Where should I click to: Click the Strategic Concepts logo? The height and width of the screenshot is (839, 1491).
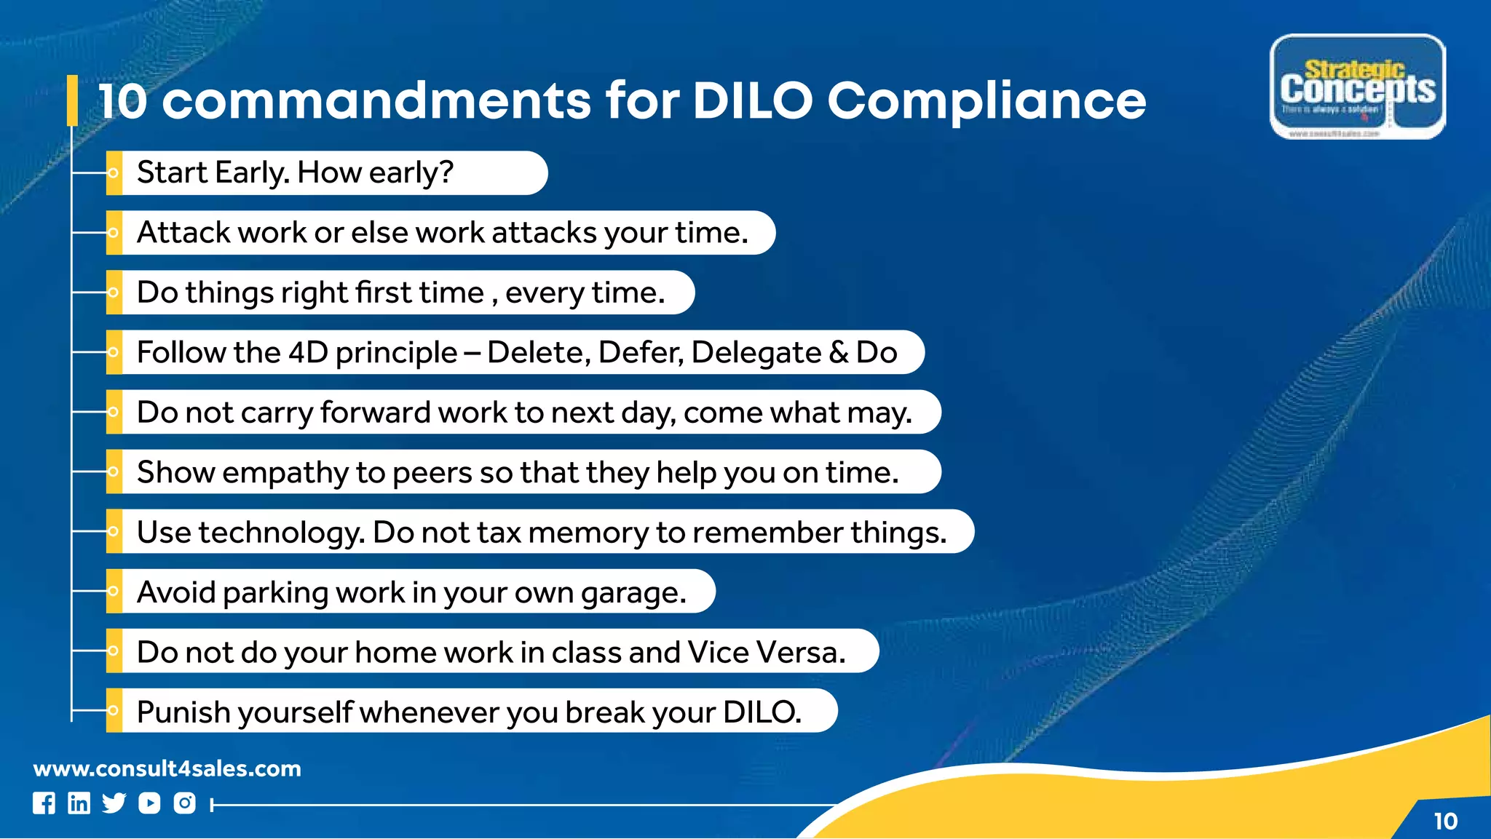[1357, 87]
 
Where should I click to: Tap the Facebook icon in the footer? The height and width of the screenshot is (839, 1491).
[44, 803]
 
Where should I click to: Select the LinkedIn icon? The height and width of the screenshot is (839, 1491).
[79, 803]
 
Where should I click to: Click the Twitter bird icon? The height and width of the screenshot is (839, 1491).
[114, 803]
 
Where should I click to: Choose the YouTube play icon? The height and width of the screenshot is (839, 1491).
[149, 803]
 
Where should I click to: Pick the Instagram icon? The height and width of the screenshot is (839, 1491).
[185, 803]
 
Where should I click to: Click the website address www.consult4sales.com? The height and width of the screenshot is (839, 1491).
[167, 768]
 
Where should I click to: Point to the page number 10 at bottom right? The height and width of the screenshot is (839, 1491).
[1445, 822]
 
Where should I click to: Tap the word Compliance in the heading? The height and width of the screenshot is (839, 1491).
[986, 102]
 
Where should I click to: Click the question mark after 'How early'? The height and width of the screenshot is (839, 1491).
[446, 173]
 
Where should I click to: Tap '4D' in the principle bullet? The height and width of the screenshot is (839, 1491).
[309, 353]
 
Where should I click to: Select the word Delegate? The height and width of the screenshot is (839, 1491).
[756, 354]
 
